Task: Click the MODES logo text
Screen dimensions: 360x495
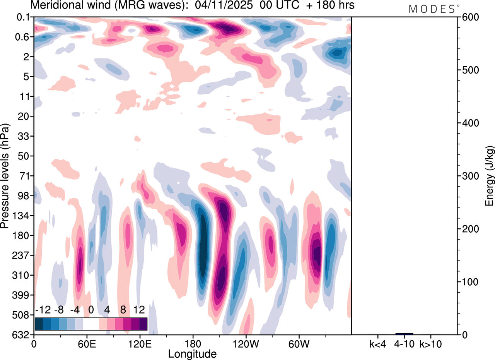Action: (x=432, y=9)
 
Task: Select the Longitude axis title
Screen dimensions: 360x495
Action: (x=192, y=353)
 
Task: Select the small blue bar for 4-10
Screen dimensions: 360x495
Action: (x=404, y=334)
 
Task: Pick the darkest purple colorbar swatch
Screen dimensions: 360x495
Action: (x=143, y=324)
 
